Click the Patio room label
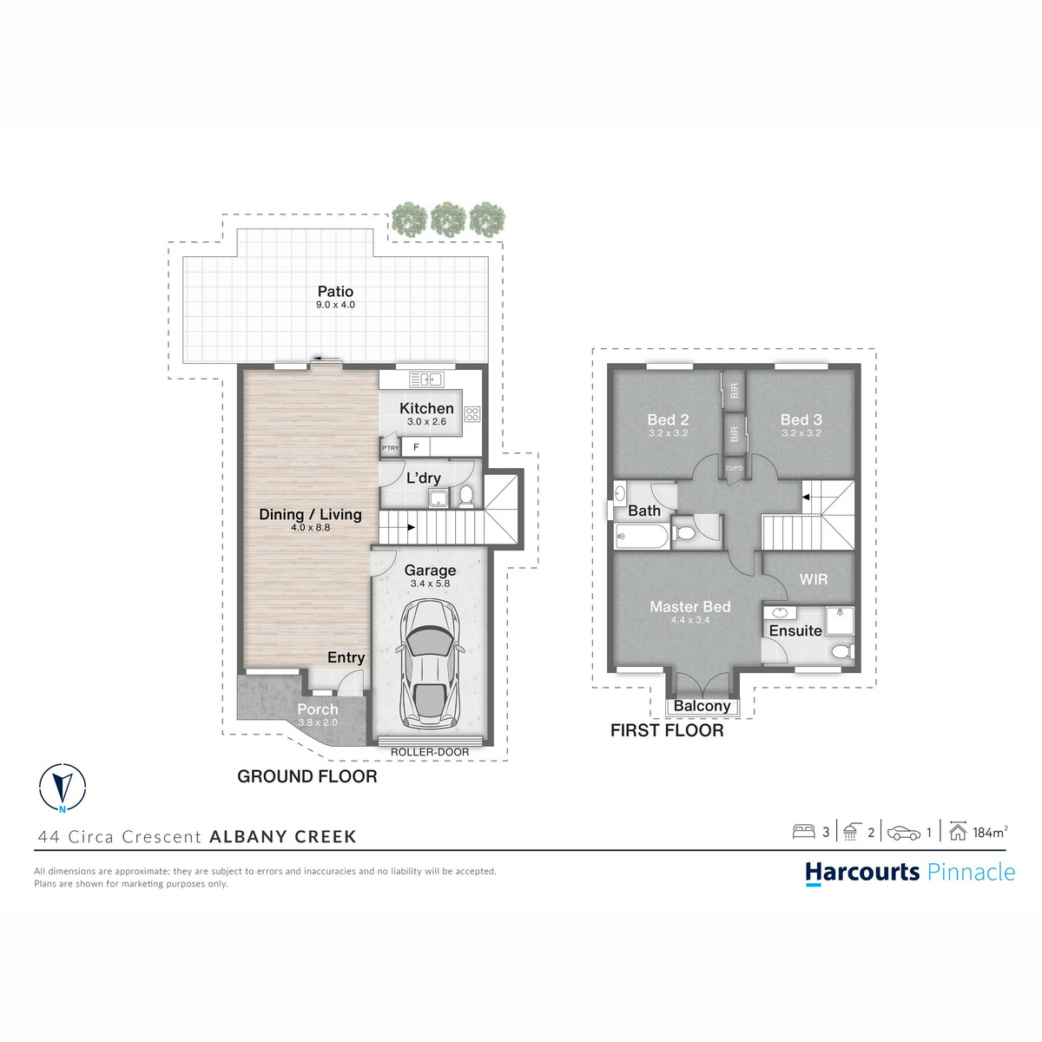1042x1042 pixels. tap(335, 292)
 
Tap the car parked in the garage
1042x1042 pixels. tap(430, 663)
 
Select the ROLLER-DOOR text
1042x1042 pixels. tap(430, 752)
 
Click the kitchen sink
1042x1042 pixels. tap(426, 379)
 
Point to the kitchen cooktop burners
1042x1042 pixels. tap(472, 414)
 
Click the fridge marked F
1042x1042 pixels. tap(416, 447)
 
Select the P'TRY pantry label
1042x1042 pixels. tap(391, 448)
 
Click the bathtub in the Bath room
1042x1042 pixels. tap(642, 537)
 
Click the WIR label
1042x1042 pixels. tap(814, 579)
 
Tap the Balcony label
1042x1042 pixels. tap(702, 706)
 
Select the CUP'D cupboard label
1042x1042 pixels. tap(735, 468)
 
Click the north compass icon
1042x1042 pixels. tap(63, 788)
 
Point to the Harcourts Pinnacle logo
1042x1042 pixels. tap(910, 873)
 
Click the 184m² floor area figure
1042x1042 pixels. tap(991, 832)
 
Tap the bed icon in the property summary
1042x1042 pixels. tap(803, 831)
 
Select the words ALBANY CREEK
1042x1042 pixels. tap(283, 836)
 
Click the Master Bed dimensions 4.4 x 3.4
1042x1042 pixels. tap(690, 620)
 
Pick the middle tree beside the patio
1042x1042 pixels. tap(448, 219)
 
